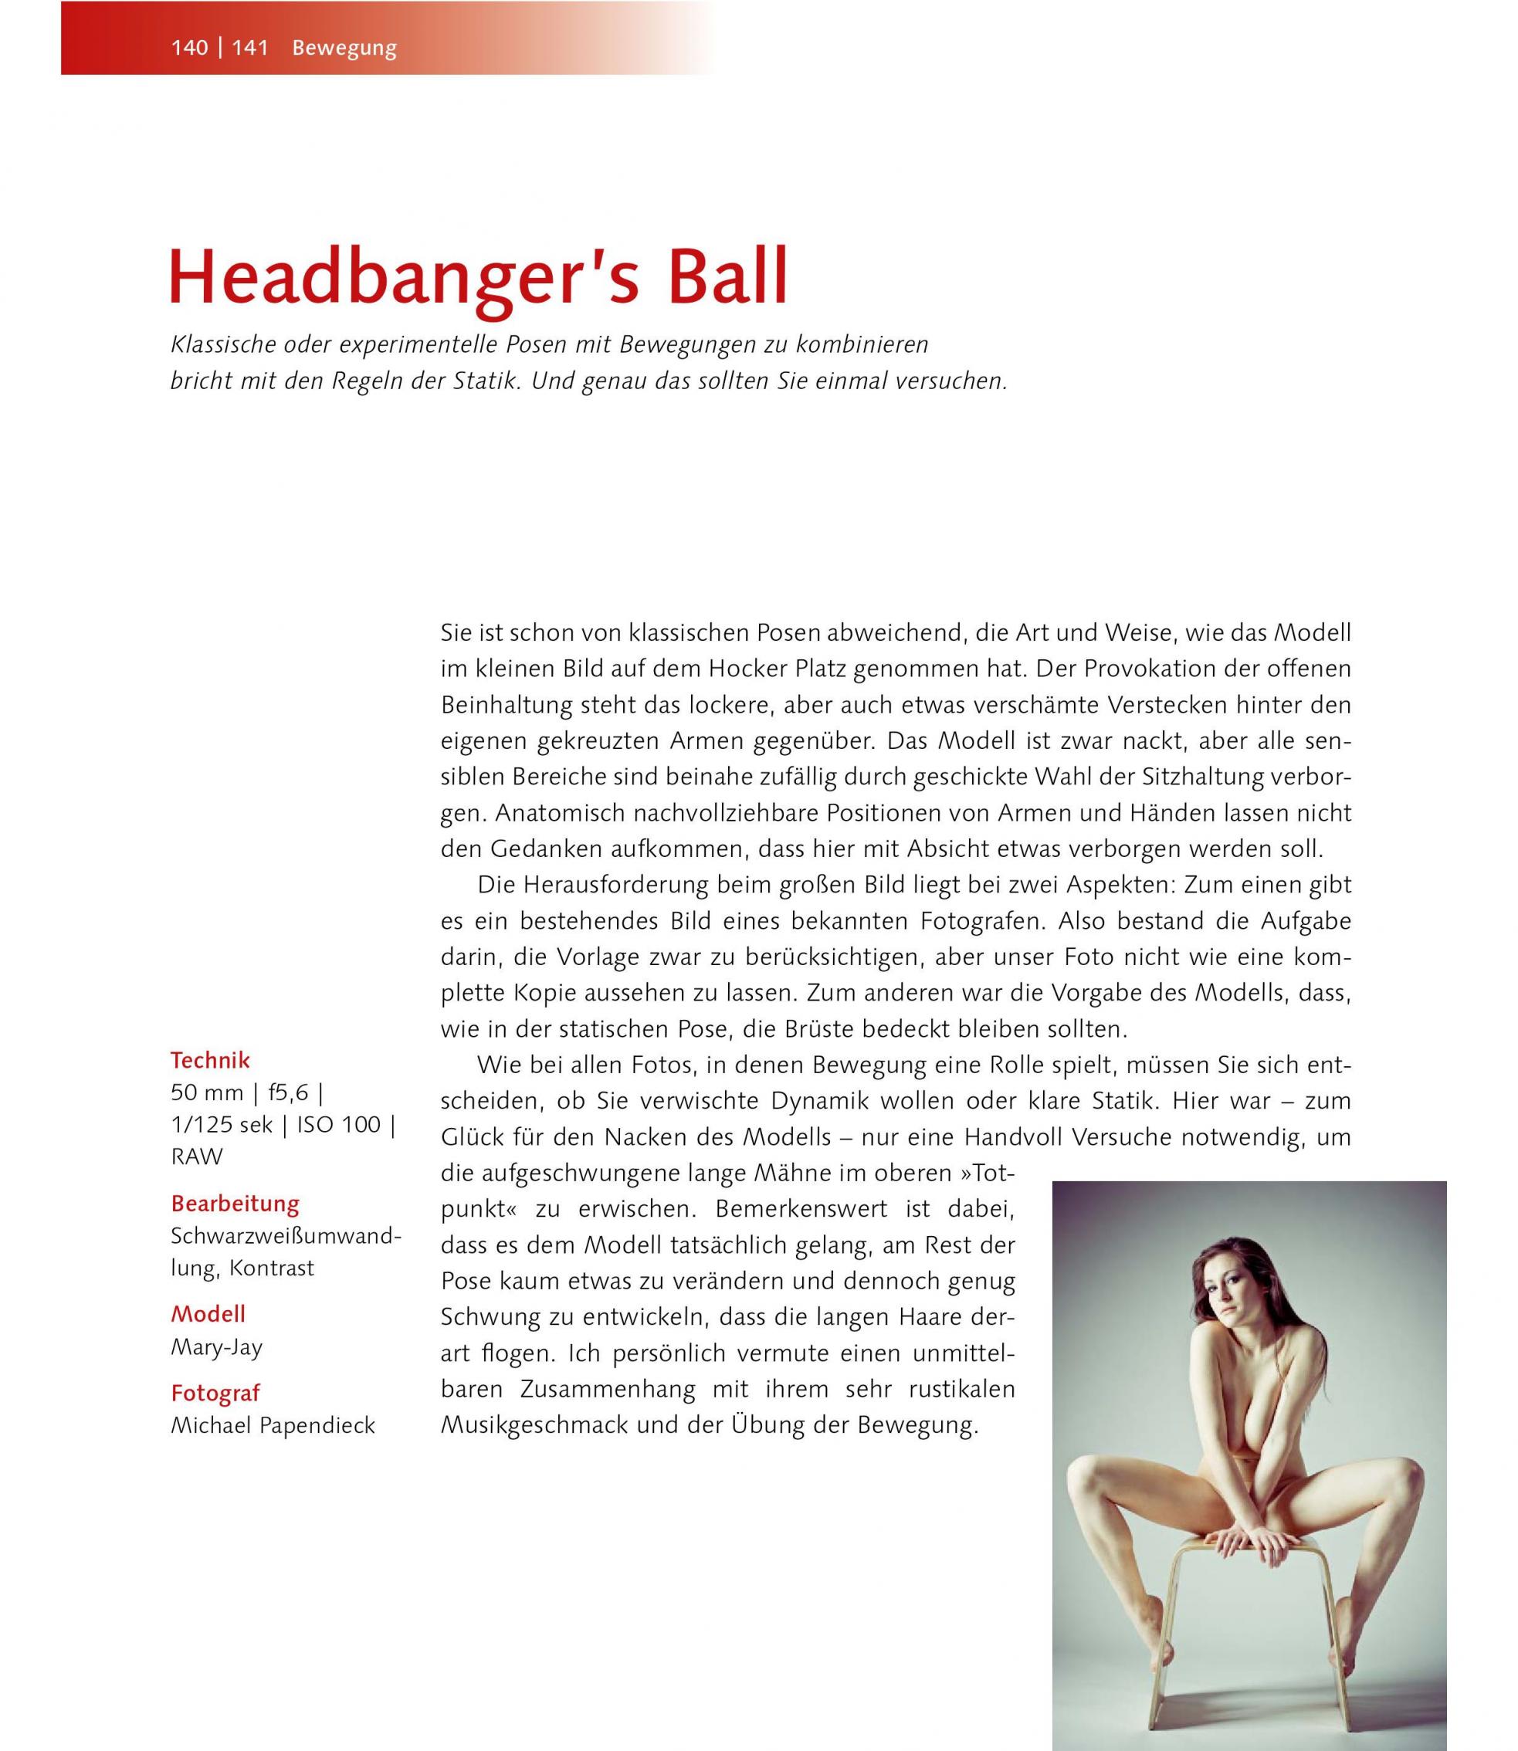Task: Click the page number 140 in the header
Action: click(190, 49)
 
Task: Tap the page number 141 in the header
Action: click(250, 49)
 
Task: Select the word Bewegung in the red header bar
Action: click(344, 49)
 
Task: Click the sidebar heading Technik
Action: click(210, 1060)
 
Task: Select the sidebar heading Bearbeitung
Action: click(235, 1203)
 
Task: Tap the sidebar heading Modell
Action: click(208, 1313)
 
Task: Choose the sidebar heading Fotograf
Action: click(215, 1393)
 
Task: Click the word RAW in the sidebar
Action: click(197, 1157)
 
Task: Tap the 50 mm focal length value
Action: click(207, 1092)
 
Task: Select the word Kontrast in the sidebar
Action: click(271, 1268)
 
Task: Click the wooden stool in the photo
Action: click(1245, 1593)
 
